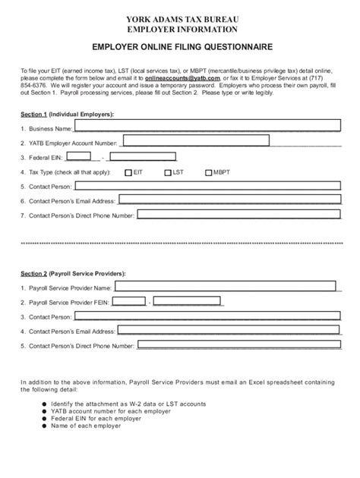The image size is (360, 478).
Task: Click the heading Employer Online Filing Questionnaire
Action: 180,46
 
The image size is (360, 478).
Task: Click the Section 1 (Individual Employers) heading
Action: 68,114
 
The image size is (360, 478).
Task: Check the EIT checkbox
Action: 128,172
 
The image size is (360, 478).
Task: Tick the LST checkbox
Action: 166,172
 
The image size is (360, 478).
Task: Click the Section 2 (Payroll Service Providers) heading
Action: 73,273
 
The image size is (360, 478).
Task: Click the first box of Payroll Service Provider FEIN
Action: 128,302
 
